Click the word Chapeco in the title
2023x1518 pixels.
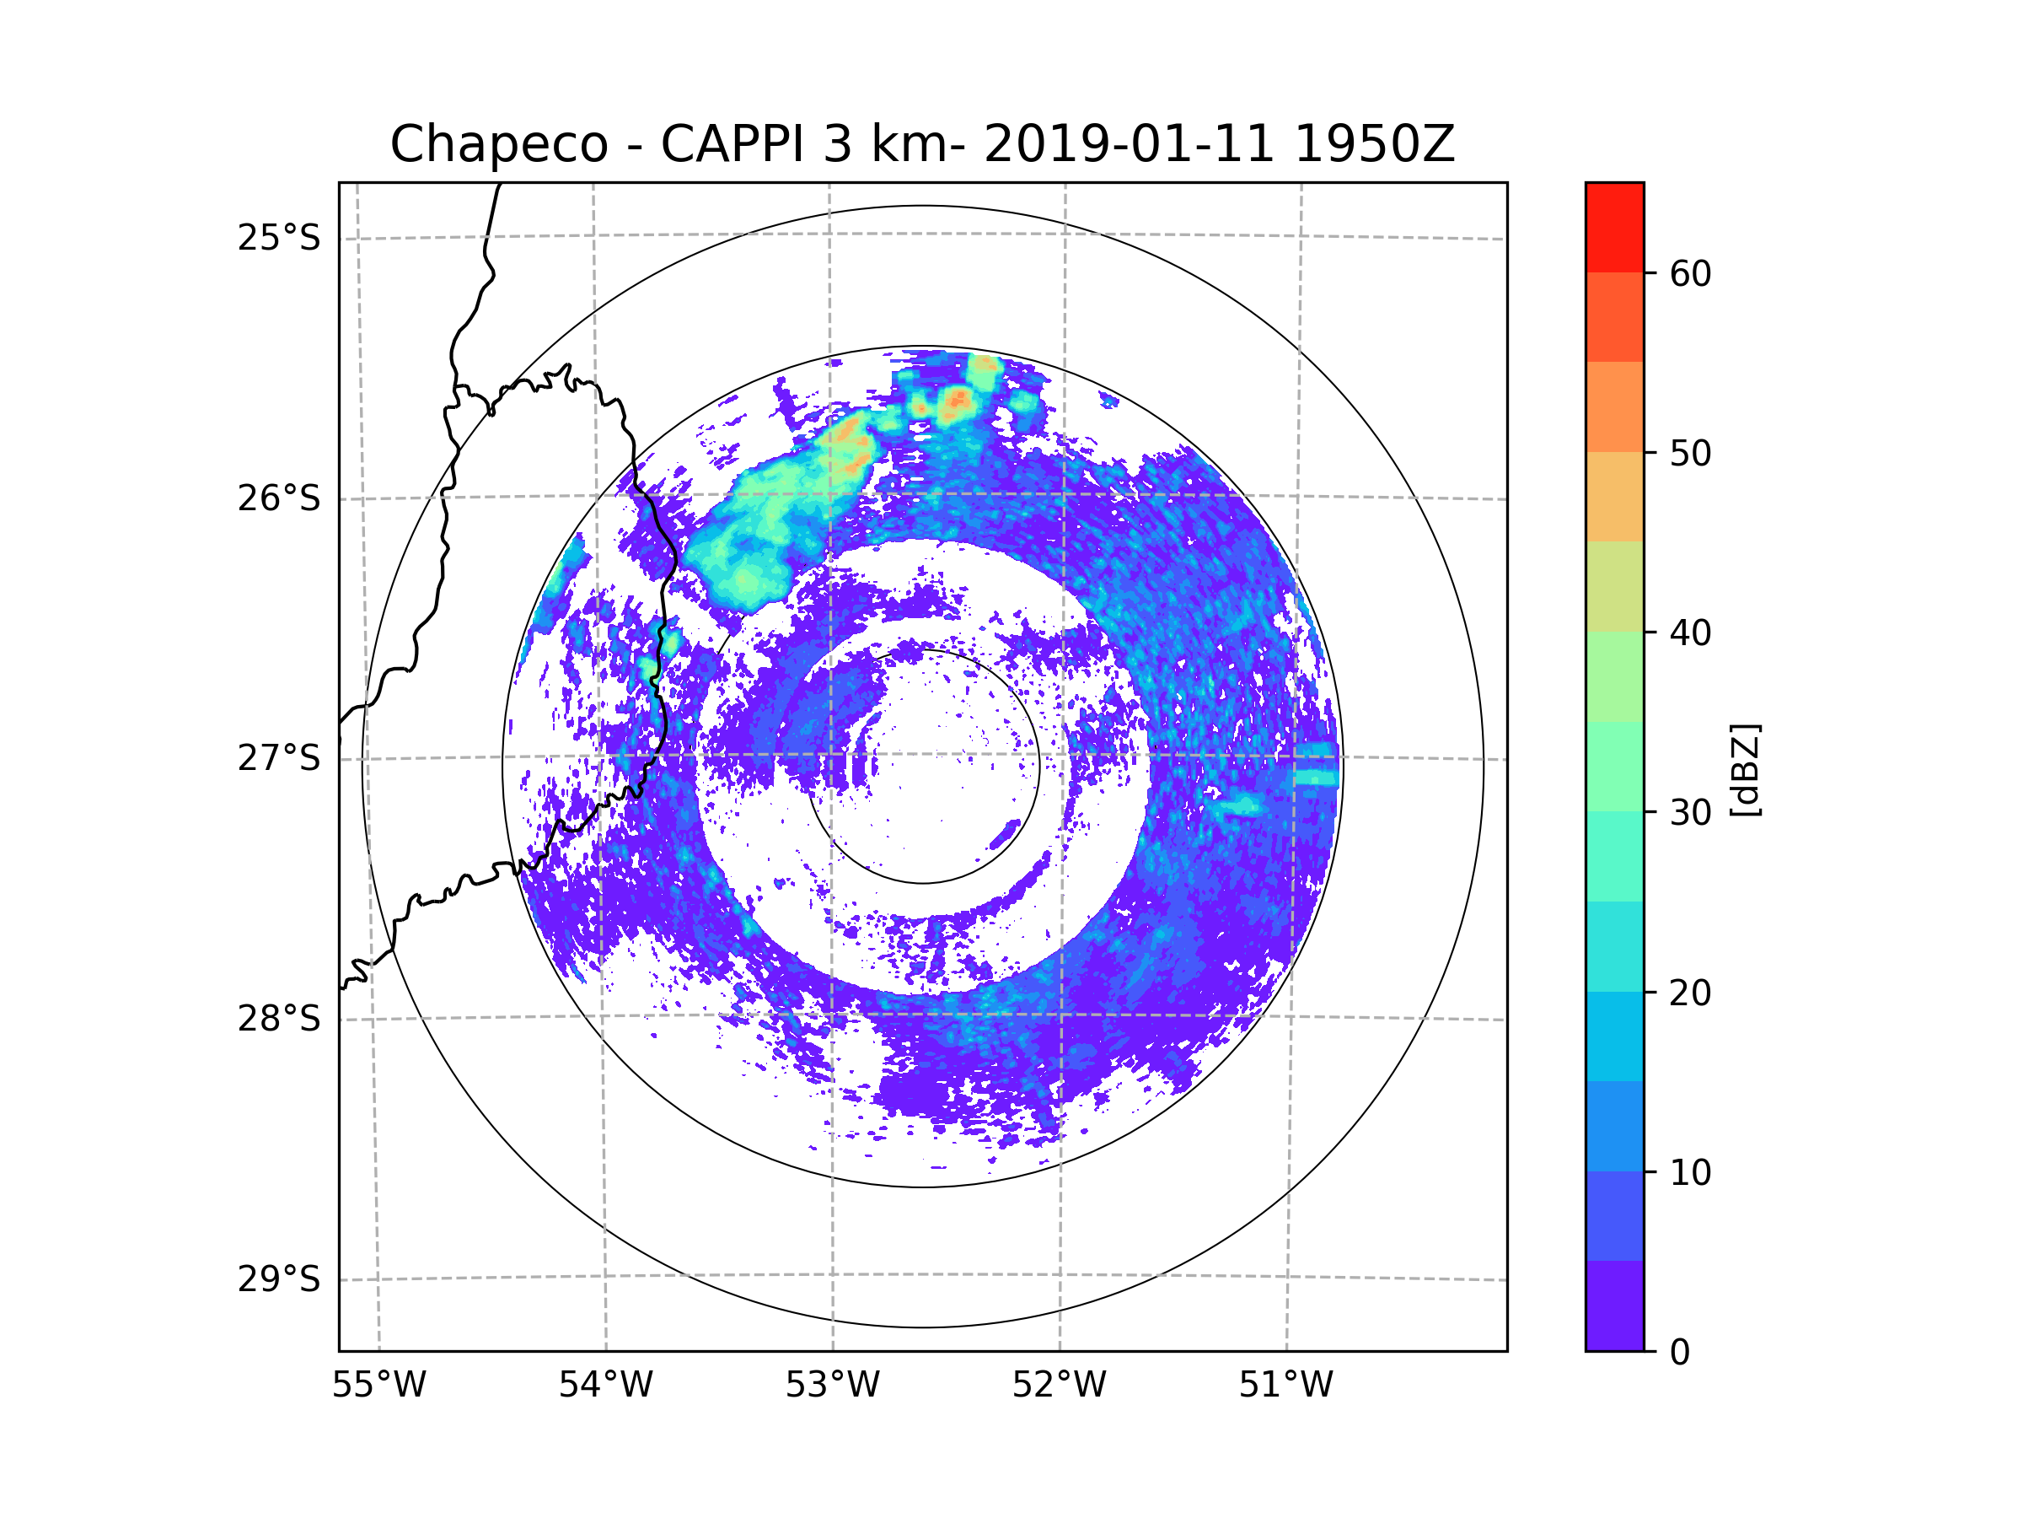(x=498, y=144)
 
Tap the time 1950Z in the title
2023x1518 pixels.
(x=1374, y=144)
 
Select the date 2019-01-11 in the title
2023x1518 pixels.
(x=1129, y=144)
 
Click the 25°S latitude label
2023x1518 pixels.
(x=279, y=238)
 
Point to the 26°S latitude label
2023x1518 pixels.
(x=279, y=498)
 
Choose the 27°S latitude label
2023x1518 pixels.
(x=279, y=758)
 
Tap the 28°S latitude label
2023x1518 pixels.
(x=279, y=1019)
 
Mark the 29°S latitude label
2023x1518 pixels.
(x=279, y=1279)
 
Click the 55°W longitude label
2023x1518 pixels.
(x=378, y=1386)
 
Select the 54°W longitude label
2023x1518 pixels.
(x=605, y=1386)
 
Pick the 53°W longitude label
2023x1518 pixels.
(x=832, y=1386)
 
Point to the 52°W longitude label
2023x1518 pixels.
(x=1059, y=1386)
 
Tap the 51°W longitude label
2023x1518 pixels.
(x=1285, y=1386)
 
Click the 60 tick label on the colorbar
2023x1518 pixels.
(x=1690, y=273)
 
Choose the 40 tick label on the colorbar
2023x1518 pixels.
(x=1690, y=633)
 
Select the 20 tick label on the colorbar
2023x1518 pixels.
(x=1690, y=993)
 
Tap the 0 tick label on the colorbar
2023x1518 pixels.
(x=1680, y=1353)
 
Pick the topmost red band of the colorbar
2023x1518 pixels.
(x=1614, y=227)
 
